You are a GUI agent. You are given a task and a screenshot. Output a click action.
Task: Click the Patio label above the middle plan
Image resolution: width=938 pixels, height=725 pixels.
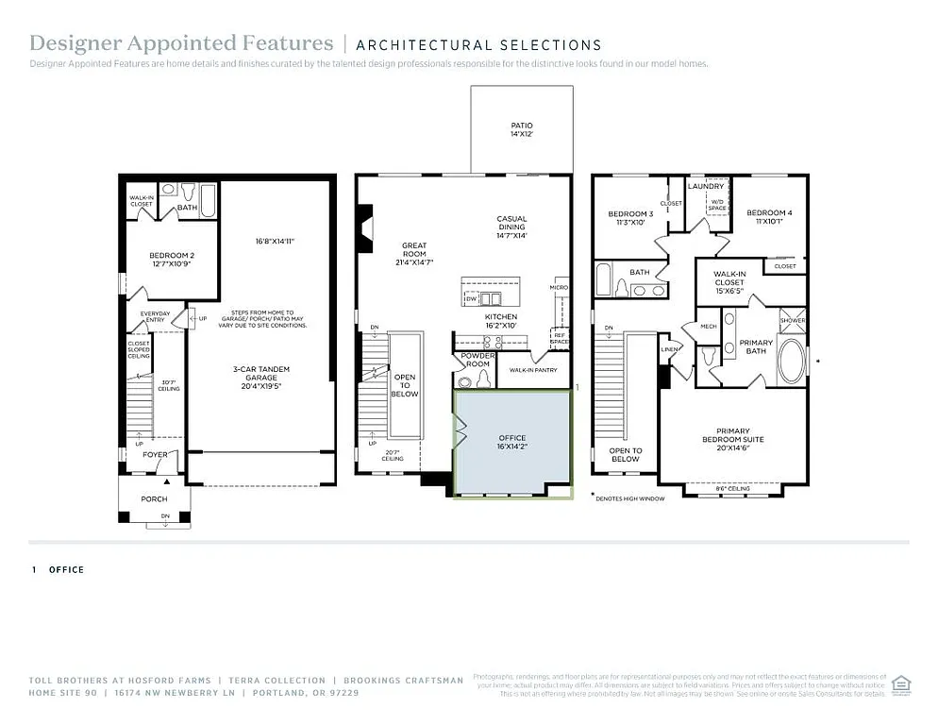522,129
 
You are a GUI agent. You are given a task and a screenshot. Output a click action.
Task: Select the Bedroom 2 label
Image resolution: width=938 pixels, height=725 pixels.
171,260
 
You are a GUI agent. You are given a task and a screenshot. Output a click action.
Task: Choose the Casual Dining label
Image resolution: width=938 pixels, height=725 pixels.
511,227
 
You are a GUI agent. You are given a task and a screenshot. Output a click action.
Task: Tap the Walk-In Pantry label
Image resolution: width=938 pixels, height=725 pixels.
532,371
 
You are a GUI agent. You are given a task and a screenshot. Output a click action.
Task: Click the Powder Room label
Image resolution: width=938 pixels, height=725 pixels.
477,360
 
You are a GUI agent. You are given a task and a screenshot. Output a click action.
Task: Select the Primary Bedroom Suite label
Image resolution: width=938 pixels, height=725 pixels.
732,435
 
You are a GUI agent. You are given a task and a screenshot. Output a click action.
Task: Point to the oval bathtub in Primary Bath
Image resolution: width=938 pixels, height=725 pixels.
792,361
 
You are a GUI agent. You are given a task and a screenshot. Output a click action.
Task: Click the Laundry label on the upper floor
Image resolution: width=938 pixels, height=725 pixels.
705,186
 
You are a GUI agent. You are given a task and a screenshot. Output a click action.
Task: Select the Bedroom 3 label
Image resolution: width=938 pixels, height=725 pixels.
629,218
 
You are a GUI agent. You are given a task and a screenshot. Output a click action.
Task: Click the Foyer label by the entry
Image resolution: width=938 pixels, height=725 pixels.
155,455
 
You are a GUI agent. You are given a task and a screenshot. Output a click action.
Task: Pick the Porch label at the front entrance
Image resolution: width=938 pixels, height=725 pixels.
154,498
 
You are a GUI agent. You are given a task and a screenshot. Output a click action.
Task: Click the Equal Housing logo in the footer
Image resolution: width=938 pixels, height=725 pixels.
901,683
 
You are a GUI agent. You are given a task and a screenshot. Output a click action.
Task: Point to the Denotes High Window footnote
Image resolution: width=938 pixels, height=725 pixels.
630,497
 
